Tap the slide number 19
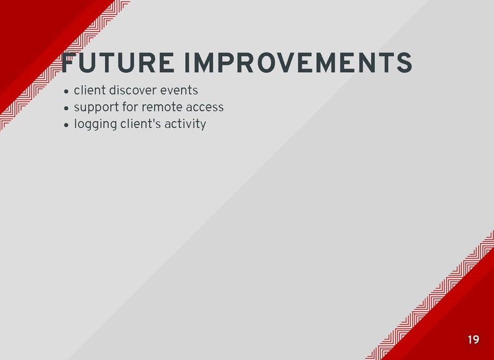point(473,340)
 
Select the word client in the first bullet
point(89,91)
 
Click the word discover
point(134,91)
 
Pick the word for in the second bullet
point(128,107)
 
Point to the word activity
point(184,124)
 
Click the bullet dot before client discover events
point(66,92)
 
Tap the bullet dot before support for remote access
point(66,109)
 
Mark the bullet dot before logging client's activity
point(66,125)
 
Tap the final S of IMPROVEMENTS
point(404,63)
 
